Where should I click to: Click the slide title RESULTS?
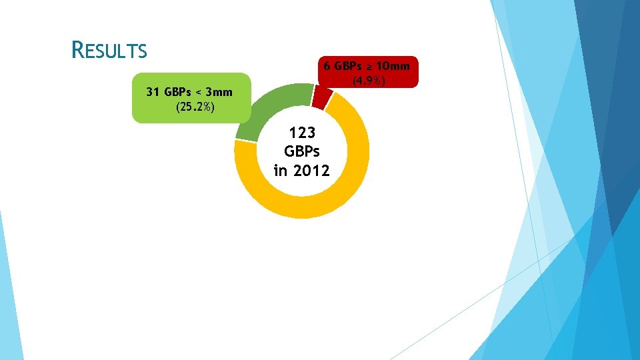(x=109, y=49)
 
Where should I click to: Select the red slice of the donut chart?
(x=321, y=97)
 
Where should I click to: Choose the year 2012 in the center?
(x=311, y=170)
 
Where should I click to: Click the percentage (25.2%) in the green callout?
(x=194, y=107)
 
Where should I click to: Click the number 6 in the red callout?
(x=327, y=66)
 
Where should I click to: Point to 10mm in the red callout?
(x=393, y=66)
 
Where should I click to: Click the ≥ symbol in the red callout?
(x=369, y=66)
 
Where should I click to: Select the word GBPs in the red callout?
(x=347, y=66)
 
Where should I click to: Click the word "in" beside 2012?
(x=281, y=170)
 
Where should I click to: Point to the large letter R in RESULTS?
(x=79, y=49)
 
